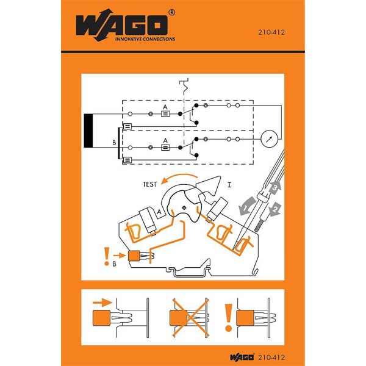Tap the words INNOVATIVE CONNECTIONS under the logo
click(145, 39)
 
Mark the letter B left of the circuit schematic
click(113, 144)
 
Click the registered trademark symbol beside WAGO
click(172, 12)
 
